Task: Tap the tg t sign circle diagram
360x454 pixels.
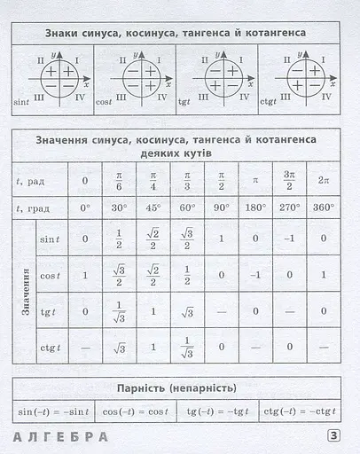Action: (x=221, y=79)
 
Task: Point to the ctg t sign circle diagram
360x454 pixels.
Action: (x=306, y=79)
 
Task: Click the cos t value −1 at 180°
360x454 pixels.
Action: (x=254, y=275)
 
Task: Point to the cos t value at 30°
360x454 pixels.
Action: (x=119, y=275)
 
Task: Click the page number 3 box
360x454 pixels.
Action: (x=334, y=435)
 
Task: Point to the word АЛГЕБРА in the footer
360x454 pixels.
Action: (x=61, y=436)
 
